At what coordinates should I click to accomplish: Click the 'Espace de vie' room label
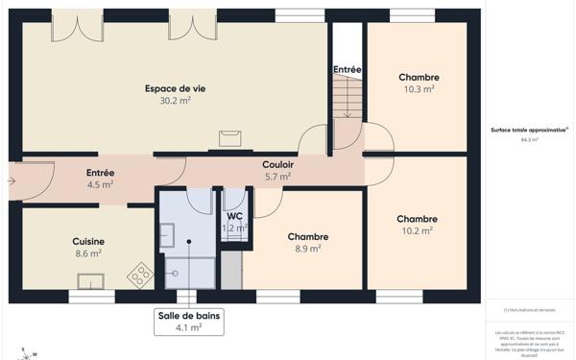175,88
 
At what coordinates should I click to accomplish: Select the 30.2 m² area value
175,101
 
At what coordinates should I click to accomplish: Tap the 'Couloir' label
277,164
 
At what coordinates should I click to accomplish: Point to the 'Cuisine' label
88,241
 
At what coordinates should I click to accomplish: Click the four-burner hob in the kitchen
140,276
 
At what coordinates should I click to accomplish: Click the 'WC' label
234,216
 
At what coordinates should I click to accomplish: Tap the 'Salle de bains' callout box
188,321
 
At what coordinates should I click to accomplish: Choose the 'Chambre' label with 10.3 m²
419,77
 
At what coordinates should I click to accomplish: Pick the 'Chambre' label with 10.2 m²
418,219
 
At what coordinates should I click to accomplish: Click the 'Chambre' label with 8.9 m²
308,236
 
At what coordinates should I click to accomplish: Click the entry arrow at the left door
12,179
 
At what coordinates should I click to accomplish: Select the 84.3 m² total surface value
530,139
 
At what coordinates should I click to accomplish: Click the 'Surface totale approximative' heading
529,129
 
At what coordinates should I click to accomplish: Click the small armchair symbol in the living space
229,138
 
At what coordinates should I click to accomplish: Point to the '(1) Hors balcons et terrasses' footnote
530,309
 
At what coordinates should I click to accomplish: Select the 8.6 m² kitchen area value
88,253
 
